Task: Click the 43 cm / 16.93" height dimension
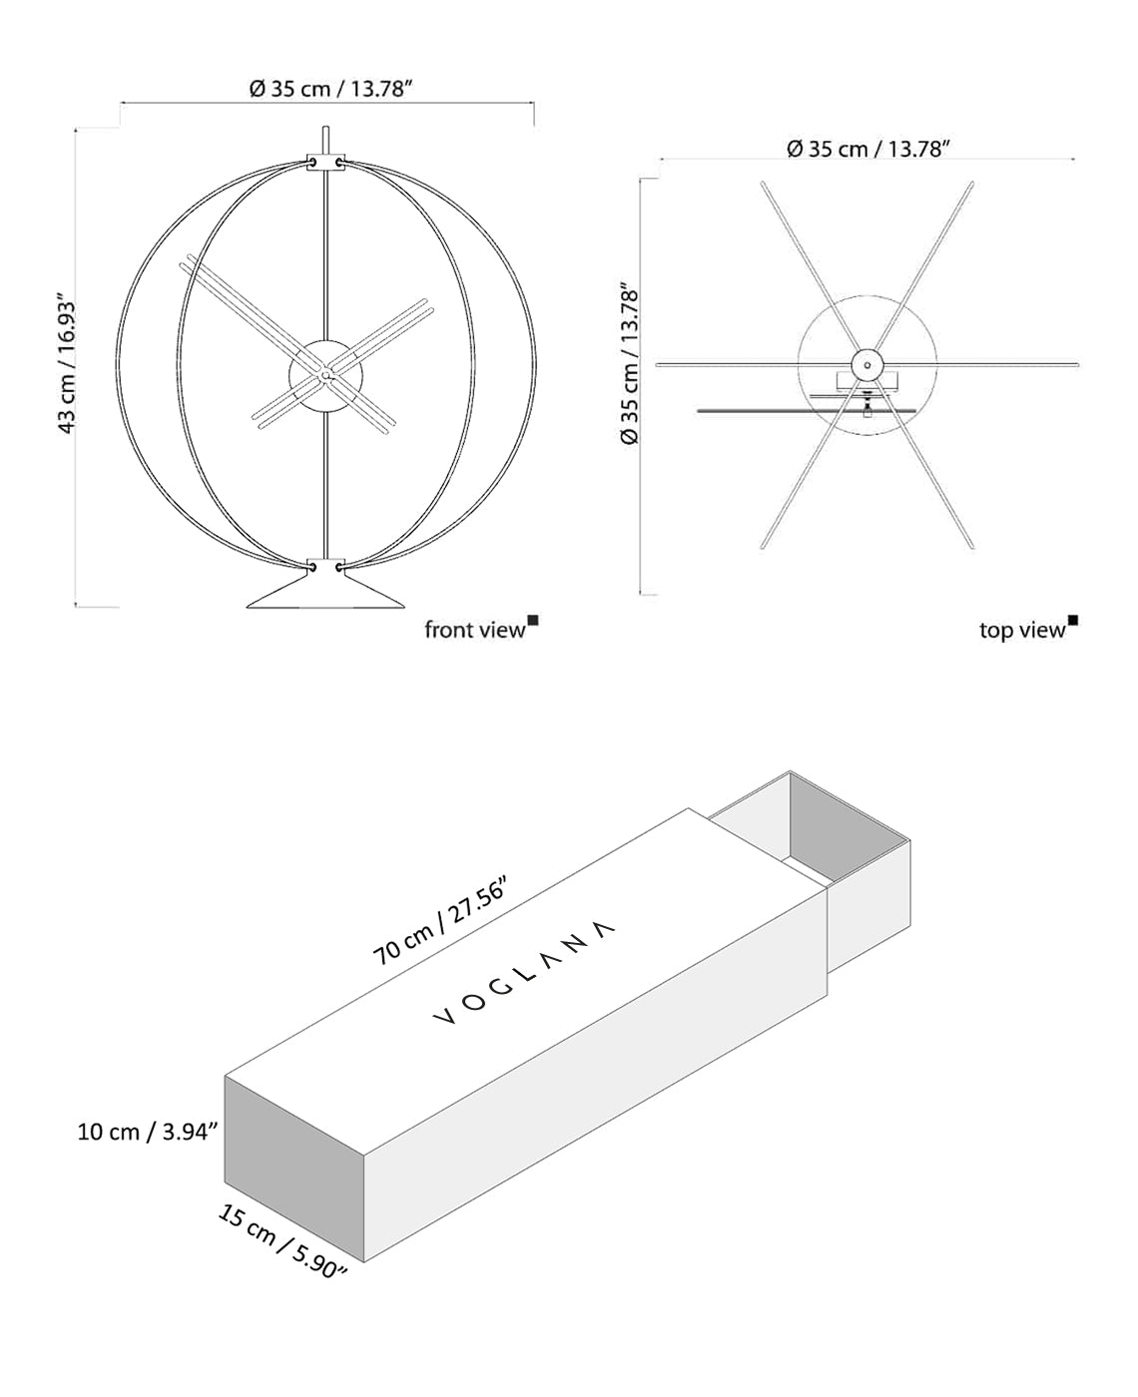pyautogui.click(x=66, y=363)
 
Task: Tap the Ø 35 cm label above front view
pyautogui.click(x=330, y=89)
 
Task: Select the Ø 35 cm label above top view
pyautogui.click(x=866, y=149)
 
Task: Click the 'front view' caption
pyautogui.click(x=474, y=630)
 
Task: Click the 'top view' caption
pyautogui.click(x=1022, y=630)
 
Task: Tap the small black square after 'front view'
pyautogui.click(x=533, y=621)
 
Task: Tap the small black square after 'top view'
pyautogui.click(x=1073, y=621)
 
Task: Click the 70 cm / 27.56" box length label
pyautogui.click(x=441, y=921)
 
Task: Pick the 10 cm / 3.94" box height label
pyautogui.click(x=148, y=1132)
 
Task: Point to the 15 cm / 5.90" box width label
pyautogui.click(x=283, y=1241)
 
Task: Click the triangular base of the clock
pyautogui.click(x=325, y=594)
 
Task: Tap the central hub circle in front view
pyautogui.click(x=325, y=374)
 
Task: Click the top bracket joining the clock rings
pyautogui.click(x=325, y=162)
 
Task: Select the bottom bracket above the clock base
pyautogui.click(x=325, y=566)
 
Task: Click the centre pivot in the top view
pyautogui.click(x=866, y=364)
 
